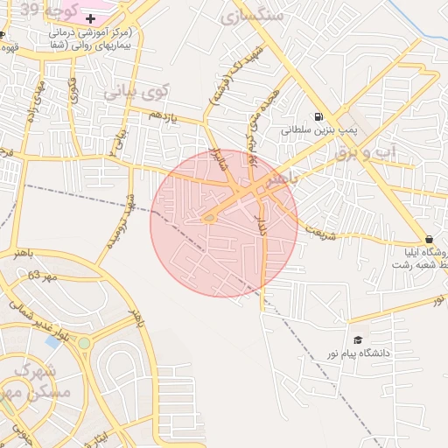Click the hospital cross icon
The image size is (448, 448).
pos(90,18)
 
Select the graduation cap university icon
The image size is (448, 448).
pos(357,339)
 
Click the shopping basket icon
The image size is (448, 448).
pos(429,239)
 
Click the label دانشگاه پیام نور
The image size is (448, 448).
pos(382,353)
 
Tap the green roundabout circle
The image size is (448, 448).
pos(84,343)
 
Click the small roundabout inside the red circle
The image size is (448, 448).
pos(209,218)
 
